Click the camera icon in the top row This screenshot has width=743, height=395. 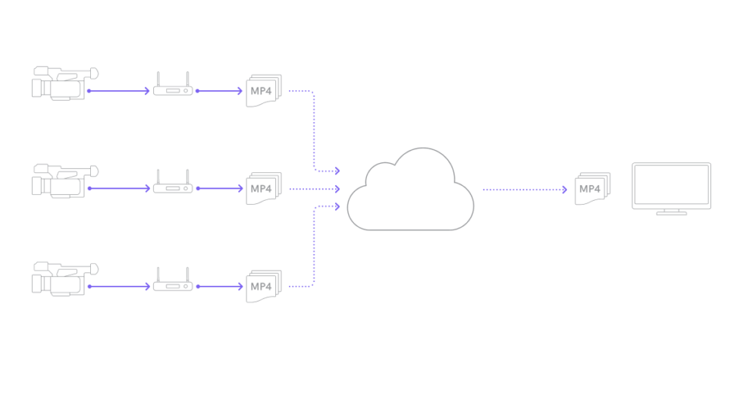click(64, 83)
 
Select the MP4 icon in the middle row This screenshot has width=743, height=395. click(263, 187)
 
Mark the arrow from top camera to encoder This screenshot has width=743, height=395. click(119, 91)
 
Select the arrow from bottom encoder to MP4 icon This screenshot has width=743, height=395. click(220, 287)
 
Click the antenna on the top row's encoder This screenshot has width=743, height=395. click(158, 79)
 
